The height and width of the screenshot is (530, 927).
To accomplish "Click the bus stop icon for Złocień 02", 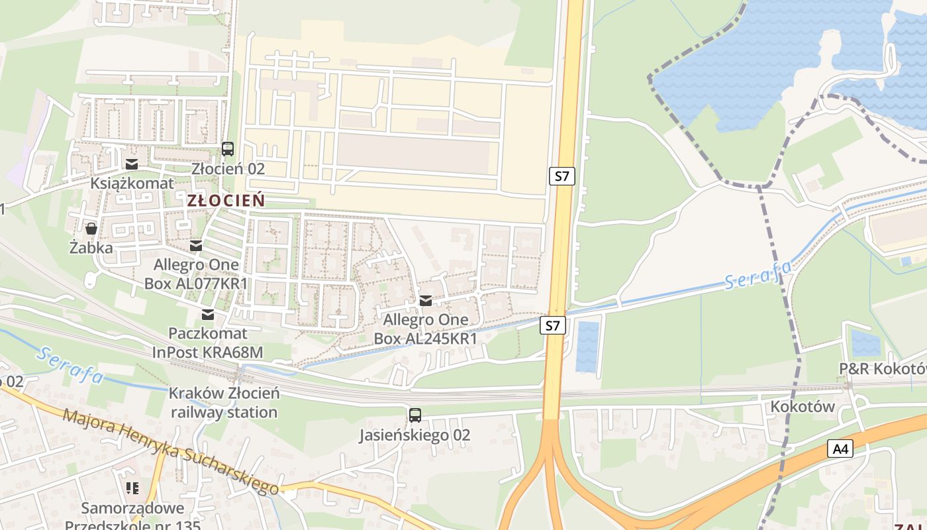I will [228, 149].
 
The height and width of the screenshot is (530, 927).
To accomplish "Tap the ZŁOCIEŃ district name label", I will [226, 200].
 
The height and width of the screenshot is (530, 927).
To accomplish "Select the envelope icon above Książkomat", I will [132, 164].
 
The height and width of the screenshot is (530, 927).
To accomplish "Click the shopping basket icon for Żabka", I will [91, 229].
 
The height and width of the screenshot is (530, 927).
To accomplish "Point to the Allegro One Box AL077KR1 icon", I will [196, 246].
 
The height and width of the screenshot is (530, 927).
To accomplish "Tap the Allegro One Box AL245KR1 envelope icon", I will [426, 301].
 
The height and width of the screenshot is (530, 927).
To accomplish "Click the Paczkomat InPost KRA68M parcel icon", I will [208, 314].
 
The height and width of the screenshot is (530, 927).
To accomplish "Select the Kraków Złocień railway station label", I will [224, 403].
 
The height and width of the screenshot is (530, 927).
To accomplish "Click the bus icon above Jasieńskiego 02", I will [415, 415].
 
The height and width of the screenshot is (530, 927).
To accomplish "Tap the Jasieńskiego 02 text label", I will [415, 435].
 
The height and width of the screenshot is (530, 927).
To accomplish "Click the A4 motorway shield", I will [840, 449].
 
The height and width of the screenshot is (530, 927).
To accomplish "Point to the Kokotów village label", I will [802, 406].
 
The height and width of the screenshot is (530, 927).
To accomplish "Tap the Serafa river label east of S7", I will [757, 276].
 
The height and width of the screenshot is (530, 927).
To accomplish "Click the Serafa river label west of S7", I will [70, 364].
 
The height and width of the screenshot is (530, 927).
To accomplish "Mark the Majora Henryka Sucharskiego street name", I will [171, 452].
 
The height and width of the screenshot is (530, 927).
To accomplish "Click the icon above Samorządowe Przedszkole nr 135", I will [132, 488].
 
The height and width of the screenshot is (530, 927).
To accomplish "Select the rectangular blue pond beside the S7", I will [587, 346].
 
